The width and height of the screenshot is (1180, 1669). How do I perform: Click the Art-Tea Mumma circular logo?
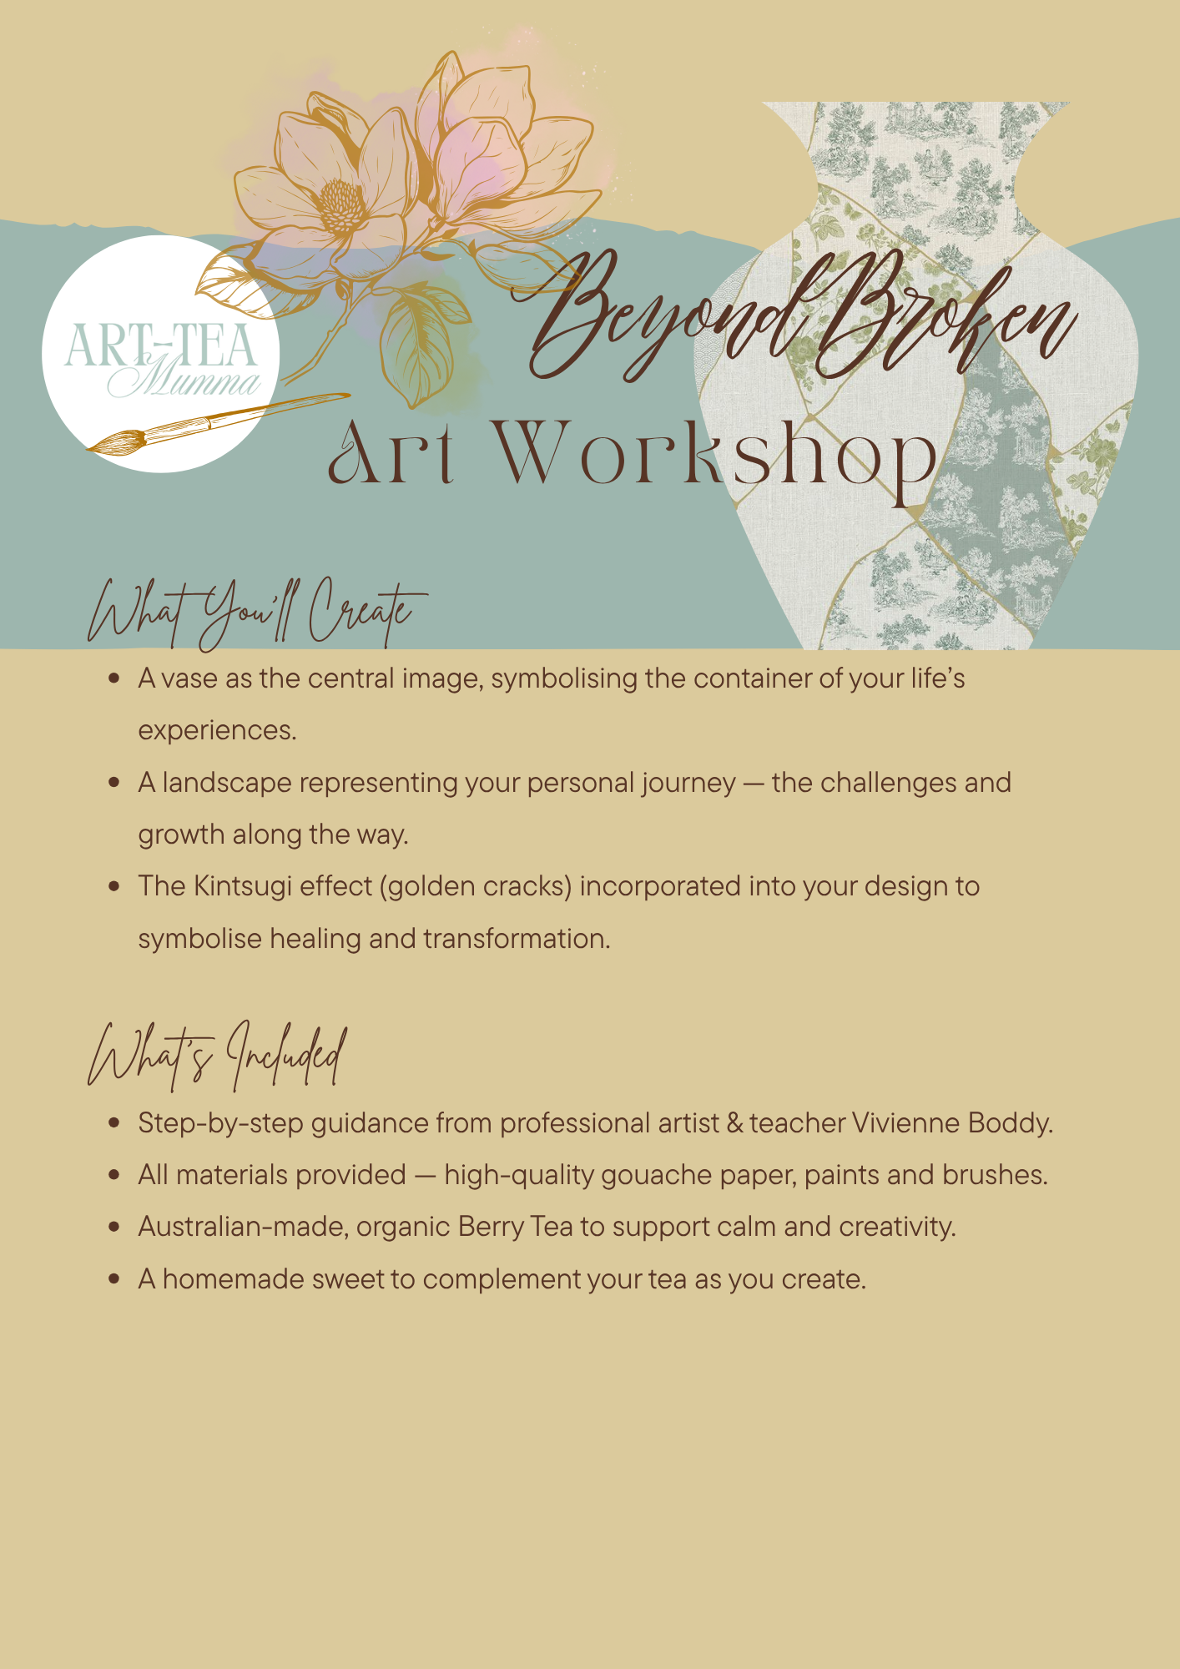(x=160, y=354)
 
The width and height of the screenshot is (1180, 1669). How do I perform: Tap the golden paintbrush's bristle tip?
(x=89, y=450)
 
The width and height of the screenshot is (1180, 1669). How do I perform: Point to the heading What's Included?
(x=217, y=1055)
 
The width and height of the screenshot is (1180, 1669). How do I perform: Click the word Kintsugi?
(x=242, y=886)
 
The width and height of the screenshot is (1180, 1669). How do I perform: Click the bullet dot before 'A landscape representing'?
(x=114, y=783)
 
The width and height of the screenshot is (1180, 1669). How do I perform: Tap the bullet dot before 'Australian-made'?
(x=114, y=1227)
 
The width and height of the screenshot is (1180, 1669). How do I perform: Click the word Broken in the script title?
(x=943, y=317)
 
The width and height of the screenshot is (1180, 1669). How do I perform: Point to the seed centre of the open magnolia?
(x=340, y=204)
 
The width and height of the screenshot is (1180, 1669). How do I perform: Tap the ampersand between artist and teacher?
(x=734, y=1123)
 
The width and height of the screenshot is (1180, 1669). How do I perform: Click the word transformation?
(x=517, y=939)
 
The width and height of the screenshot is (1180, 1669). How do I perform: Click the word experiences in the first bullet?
(x=217, y=731)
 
